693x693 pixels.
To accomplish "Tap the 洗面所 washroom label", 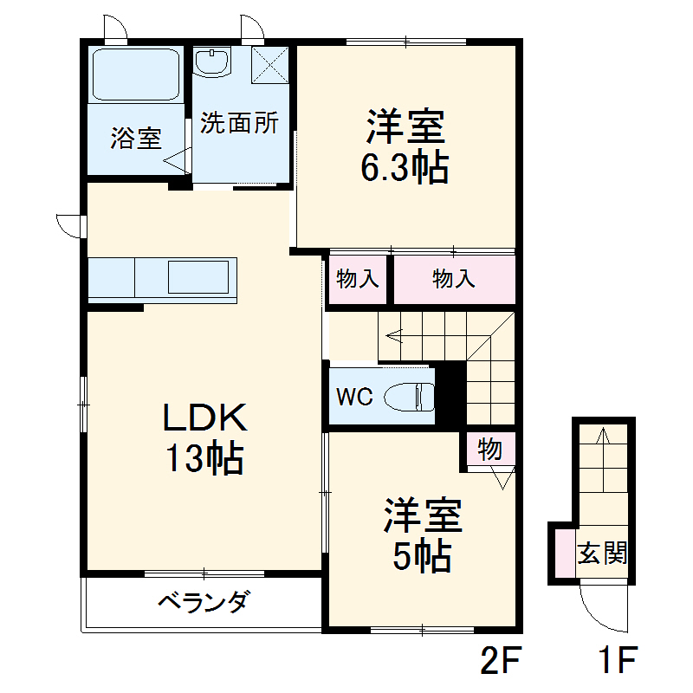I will coord(239,123).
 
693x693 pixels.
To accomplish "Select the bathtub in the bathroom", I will coord(136,74).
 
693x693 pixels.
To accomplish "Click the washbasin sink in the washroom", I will coord(212,62).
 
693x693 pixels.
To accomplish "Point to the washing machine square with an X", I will coord(271,64).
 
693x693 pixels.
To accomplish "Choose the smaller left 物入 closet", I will coord(357,280).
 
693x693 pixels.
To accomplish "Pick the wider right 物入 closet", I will coord(454,280).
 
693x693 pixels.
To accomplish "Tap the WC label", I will coord(354,397).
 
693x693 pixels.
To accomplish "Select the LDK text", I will coord(206,418).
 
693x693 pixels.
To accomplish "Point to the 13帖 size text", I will coord(205,458).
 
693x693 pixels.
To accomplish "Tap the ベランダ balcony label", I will coord(204,601).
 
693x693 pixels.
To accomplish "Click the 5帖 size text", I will coord(422,555).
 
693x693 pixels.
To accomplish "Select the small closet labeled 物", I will coord(489,450).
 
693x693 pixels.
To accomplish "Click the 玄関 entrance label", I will coord(603,553).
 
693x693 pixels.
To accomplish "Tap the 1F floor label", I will coord(618,663).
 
